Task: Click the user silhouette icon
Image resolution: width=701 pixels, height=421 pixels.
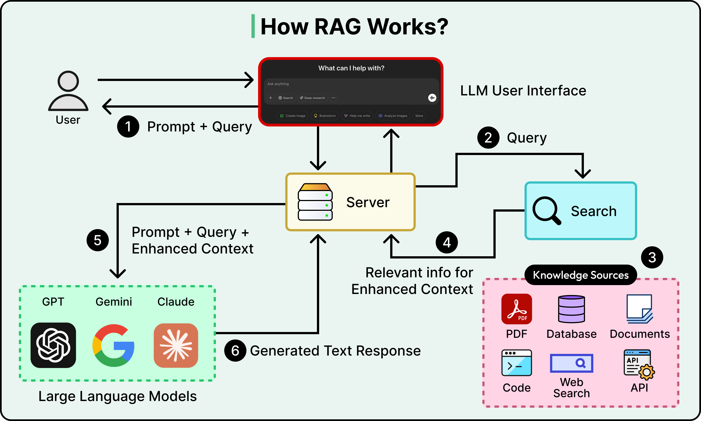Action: pos(68,91)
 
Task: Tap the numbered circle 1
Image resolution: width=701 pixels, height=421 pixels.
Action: pos(128,126)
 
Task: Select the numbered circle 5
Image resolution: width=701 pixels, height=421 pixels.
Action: pos(97,240)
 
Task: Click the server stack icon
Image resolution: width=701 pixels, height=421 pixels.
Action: pos(315,202)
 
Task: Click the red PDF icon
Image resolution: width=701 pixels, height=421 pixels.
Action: pos(516,309)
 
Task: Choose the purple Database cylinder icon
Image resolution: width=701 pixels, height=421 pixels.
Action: pos(571,309)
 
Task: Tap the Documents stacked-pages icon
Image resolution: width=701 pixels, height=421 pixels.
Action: pos(640,309)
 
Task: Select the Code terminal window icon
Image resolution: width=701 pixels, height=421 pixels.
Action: pos(516,363)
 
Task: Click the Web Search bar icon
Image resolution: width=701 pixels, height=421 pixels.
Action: pos(571,363)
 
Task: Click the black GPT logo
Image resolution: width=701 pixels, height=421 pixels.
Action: pos(53,345)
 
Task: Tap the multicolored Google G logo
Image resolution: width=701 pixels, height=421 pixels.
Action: pos(114,345)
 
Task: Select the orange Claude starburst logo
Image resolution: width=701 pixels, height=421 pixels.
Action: pos(176,345)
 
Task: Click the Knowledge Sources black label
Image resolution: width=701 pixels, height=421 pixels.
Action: pos(581,275)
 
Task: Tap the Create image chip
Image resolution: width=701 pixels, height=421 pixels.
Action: pos(292,116)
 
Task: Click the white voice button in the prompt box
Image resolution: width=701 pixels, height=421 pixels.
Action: pos(432,98)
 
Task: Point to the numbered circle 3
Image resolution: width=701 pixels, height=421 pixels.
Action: pos(652,258)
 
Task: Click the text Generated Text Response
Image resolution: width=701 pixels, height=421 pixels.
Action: pos(335,351)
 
